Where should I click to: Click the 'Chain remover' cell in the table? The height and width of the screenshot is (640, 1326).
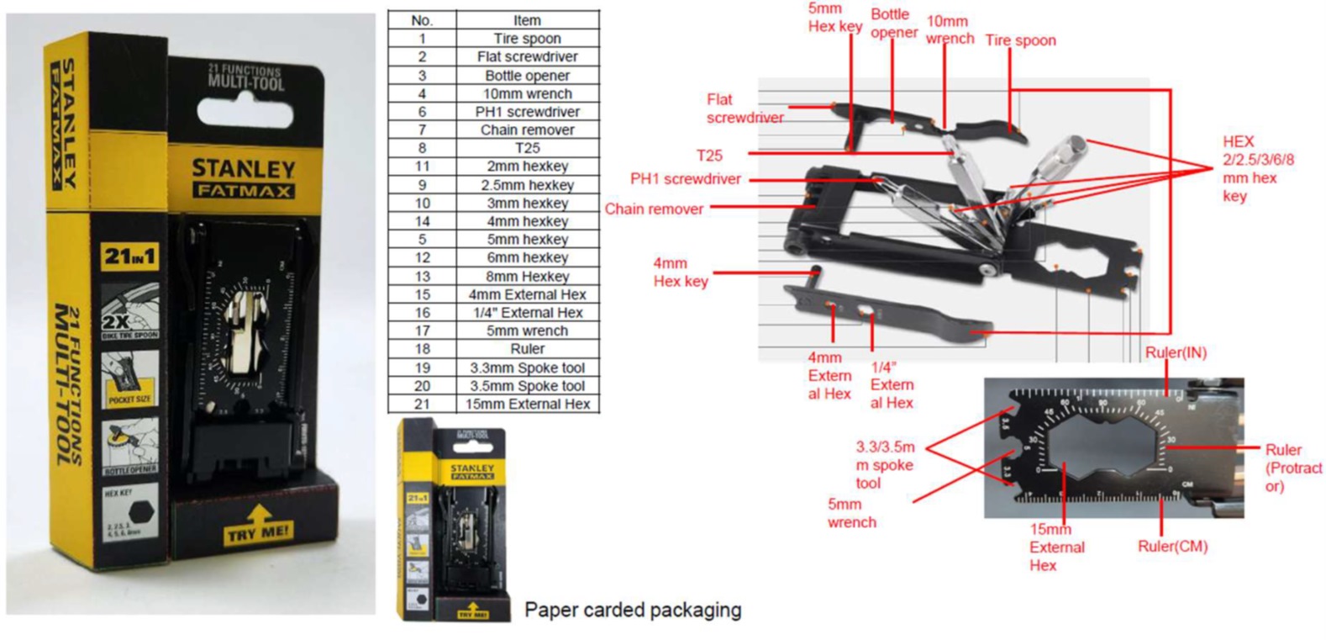click(527, 130)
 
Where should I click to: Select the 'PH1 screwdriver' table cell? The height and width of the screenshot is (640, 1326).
click(527, 112)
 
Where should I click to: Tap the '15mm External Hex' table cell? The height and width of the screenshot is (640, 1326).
click(527, 404)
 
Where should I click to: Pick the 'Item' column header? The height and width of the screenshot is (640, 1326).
click(527, 20)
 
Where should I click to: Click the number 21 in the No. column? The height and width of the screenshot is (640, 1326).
click(422, 404)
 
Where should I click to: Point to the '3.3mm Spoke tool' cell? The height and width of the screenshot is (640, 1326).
click(527, 368)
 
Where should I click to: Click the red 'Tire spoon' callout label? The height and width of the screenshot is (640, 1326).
click(1020, 40)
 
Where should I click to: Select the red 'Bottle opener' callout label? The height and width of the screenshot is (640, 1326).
click(893, 24)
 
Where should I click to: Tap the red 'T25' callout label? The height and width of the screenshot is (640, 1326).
click(709, 156)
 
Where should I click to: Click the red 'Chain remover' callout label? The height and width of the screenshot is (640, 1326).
click(654, 209)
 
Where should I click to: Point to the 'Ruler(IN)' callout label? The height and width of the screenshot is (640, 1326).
click(1176, 352)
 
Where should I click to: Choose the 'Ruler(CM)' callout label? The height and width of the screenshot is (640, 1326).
click(1172, 546)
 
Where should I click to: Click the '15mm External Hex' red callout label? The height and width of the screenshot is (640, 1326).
click(1055, 547)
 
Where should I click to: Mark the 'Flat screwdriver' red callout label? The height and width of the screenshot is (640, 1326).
click(745, 108)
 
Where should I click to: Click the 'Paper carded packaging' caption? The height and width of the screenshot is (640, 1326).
click(632, 610)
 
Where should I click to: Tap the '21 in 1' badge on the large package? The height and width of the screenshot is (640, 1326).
click(129, 256)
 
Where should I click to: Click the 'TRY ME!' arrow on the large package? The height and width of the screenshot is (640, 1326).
click(258, 524)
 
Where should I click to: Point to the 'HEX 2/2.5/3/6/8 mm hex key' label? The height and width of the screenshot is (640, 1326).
click(1257, 168)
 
